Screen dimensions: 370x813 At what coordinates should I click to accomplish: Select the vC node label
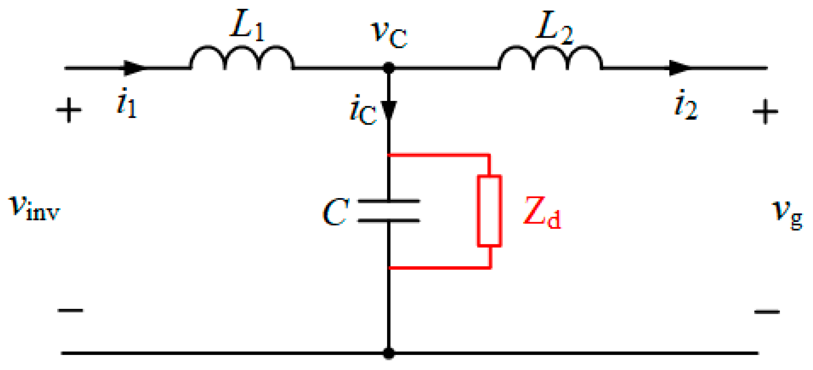click(388, 34)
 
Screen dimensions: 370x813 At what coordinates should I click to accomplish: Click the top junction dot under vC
click(389, 68)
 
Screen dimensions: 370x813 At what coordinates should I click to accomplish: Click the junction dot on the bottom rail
click(389, 353)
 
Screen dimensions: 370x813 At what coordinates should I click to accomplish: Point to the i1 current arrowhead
click(135, 68)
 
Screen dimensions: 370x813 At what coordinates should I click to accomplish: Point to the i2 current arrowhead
click(680, 68)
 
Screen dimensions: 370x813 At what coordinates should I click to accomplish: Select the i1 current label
click(126, 103)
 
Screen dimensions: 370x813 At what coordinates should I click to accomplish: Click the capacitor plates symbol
click(389, 211)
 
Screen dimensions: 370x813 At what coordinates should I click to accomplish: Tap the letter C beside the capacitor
click(335, 212)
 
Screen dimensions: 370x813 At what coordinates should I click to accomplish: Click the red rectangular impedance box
click(489, 211)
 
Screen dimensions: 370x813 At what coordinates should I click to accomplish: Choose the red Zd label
click(542, 212)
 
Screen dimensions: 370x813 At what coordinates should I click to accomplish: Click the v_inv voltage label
click(35, 207)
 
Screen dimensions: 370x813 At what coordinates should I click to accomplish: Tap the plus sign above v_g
click(765, 111)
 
